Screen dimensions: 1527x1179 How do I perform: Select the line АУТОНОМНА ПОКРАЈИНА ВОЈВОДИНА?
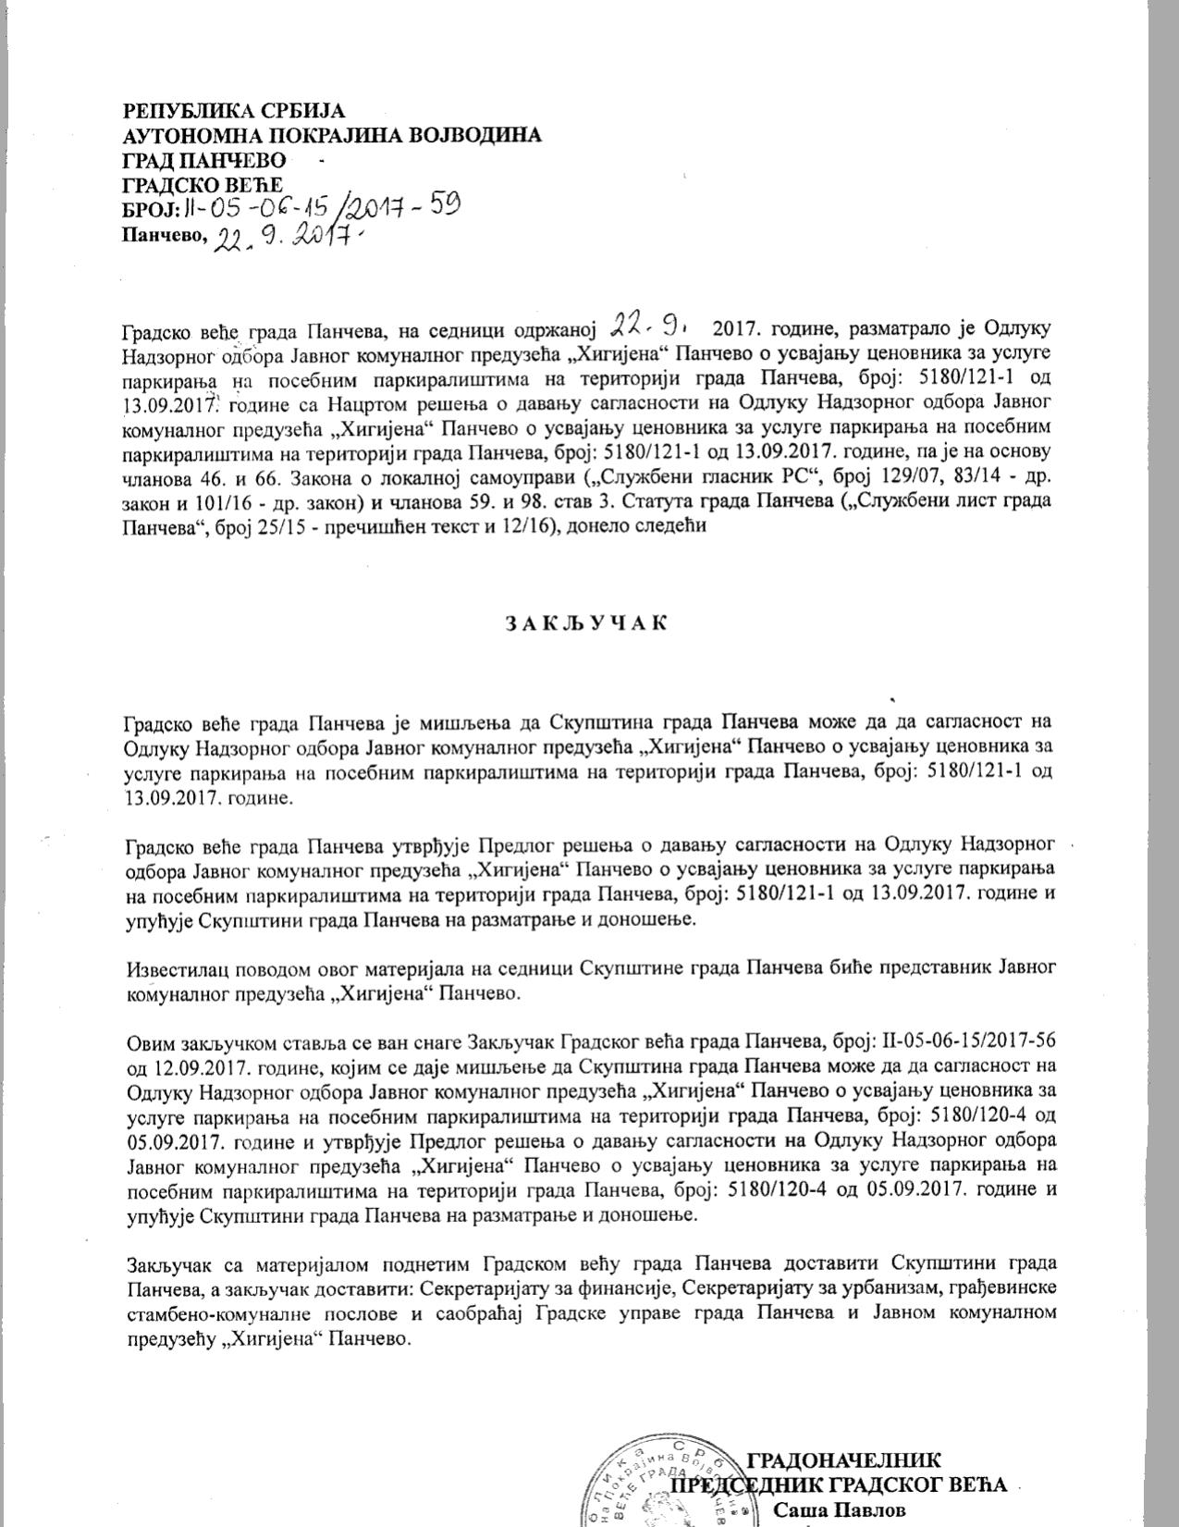332,135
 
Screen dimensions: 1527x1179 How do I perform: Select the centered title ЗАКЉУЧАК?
587,622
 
